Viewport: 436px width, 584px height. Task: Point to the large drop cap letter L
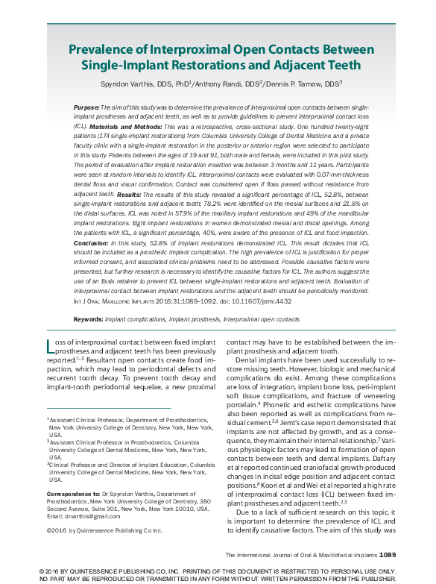pos(51,345)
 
